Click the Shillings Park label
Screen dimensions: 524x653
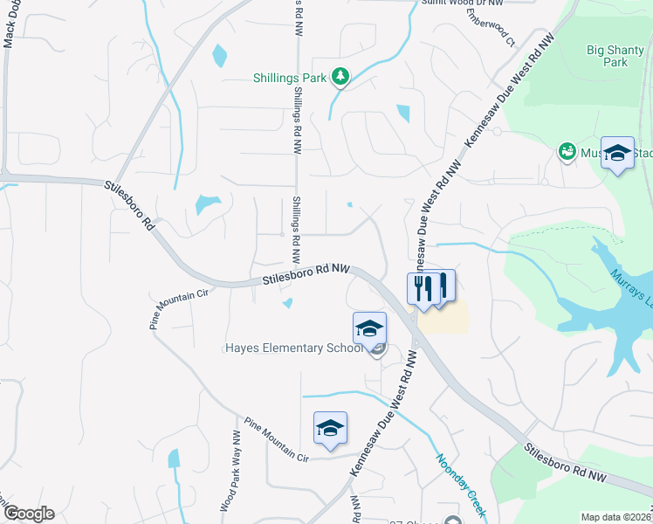(289, 78)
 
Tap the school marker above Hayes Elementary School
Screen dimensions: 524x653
(369, 329)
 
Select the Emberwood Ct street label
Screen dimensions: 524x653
(490, 27)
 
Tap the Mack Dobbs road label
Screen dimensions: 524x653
(10, 35)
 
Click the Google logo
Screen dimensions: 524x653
(28, 514)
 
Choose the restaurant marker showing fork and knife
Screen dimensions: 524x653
(423, 289)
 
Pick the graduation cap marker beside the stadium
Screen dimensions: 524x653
(618, 154)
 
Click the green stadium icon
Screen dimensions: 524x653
(567, 152)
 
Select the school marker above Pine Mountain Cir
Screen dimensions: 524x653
(330, 429)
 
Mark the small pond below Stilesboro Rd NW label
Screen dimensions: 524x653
(288, 303)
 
